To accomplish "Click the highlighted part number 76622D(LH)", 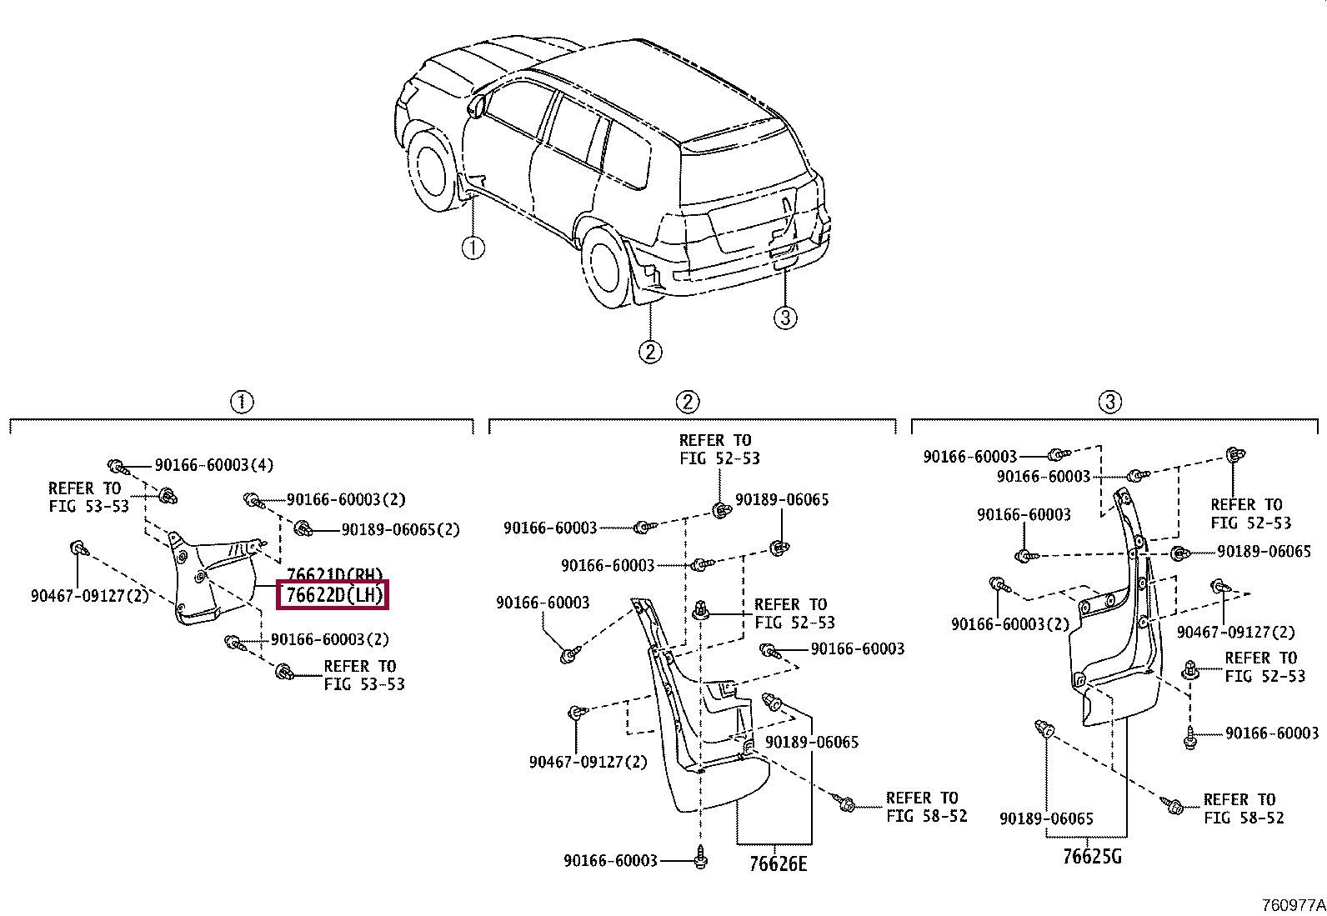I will pos(333,595).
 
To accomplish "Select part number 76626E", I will pos(778,863).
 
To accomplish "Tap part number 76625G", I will pos(1092,856).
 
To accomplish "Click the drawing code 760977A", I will pos(1291,904).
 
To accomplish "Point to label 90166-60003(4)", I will pos(213,465).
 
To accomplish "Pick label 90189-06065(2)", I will pos(400,529).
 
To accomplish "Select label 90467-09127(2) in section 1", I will pos(89,596).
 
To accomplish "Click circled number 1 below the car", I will pos(473,248).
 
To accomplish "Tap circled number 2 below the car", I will pos(650,351).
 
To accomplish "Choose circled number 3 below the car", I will pos(785,317).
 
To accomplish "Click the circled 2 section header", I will pos(687,403).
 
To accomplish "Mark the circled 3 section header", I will pos(1109,403).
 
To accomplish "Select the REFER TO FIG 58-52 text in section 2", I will pos(926,807).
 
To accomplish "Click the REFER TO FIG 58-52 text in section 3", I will pos(1243,808).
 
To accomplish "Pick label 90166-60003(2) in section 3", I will pos(1009,624).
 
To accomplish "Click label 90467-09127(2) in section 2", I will pos(588,762).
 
